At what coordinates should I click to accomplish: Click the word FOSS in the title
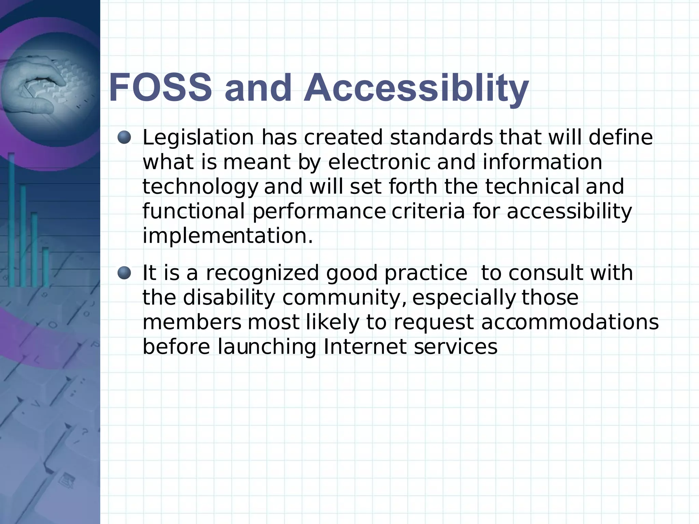pyautogui.click(x=160, y=88)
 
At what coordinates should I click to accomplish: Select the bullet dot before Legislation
pyautogui.click(x=124, y=137)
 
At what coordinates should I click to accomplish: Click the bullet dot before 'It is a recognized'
pyautogui.click(x=124, y=273)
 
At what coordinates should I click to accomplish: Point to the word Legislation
pyautogui.click(x=198, y=138)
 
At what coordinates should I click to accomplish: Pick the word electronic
pyautogui.click(x=379, y=162)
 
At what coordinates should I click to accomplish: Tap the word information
pyautogui.click(x=542, y=162)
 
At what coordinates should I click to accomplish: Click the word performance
pyautogui.click(x=319, y=212)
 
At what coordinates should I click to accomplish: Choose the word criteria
pyautogui.click(x=428, y=211)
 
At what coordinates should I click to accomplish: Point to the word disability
pyautogui.click(x=229, y=298)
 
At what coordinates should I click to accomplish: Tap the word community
pyautogui.click(x=344, y=298)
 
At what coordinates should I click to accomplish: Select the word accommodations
pyautogui.click(x=570, y=322)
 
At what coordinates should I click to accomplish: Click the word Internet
pyautogui.click(x=365, y=347)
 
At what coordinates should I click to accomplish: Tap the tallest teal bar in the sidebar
pyautogui.click(x=11, y=218)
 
